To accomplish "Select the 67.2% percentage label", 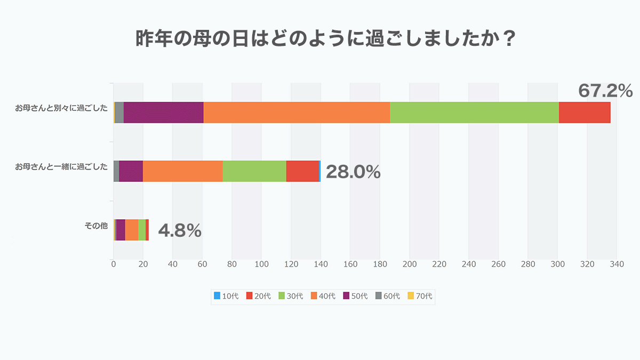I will [605, 91].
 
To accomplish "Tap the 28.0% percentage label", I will [353, 172].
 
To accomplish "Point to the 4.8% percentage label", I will [180, 230].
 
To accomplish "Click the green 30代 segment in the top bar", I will [474, 113].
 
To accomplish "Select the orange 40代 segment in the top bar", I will [297, 113].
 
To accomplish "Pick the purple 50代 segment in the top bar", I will [163, 113].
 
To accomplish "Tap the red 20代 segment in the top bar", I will [584, 113].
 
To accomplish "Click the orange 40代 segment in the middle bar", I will [182, 171].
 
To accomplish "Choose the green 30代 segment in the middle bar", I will [254, 171].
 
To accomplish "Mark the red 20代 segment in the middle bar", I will [302, 171].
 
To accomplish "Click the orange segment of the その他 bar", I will [131, 230].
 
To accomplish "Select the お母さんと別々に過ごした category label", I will [61, 108].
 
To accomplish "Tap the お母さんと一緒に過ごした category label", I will [61, 167].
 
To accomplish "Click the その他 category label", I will [96, 226].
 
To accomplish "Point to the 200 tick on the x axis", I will [409, 264].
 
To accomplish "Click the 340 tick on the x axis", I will [617, 264].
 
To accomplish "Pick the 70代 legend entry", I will [420, 296].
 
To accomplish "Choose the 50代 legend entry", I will [355, 296].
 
